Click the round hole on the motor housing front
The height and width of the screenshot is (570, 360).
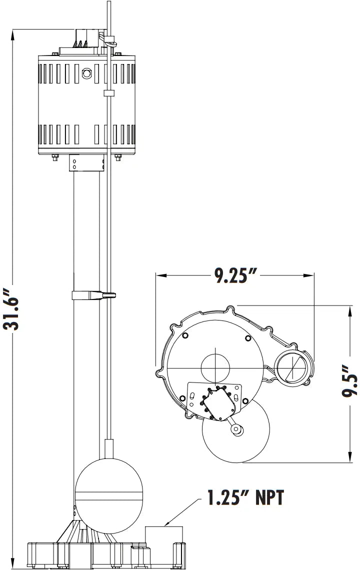coord(87,74)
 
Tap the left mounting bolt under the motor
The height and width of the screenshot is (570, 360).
coord(53,158)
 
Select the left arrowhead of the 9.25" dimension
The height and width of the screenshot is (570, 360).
coord(159,275)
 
